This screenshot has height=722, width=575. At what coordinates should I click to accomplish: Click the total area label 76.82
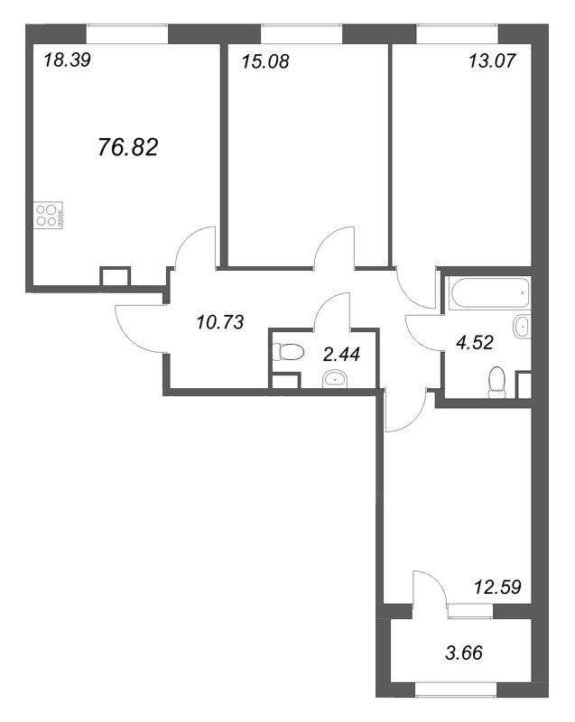pyautogui.click(x=128, y=147)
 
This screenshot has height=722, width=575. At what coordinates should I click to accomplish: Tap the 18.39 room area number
pyautogui.click(x=67, y=60)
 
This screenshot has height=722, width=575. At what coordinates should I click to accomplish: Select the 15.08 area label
pyautogui.click(x=265, y=61)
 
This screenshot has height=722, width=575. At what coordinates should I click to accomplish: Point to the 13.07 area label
pyautogui.click(x=492, y=60)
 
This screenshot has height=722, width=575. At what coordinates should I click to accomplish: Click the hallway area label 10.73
pyautogui.click(x=219, y=322)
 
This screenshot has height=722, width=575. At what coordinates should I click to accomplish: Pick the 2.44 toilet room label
pyautogui.click(x=341, y=355)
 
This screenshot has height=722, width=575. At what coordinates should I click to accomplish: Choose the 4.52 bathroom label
pyautogui.click(x=475, y=343)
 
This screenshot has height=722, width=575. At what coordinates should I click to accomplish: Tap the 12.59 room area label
pyautogui.click(x=497, y=588)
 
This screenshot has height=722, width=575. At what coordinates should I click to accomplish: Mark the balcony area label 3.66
pyautogui.click(x=464, y=653)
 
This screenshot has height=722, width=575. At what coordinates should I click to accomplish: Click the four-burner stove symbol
pyautogui.click(x=49, y=216)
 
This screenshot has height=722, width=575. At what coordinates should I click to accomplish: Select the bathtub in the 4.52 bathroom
pyautogui.click(x=490, y=292)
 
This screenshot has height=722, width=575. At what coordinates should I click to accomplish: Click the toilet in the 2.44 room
pyautogui.click(x=288, y=353)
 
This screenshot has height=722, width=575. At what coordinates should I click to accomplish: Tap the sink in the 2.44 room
pyautogui.click(x=335, y=379)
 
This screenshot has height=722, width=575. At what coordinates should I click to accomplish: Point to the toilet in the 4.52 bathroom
pyautogui.click(x=496, y=382)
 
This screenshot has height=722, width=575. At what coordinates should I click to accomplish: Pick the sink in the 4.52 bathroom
pyautogui.click(x=522, y=327)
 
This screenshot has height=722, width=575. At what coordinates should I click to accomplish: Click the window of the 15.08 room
pyautogui.click(x=302, y=33)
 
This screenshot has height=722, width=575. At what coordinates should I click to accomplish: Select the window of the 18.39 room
pyautogui.click(x=127, y=33)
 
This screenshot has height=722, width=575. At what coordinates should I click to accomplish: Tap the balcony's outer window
pyautogui.click(x=456, y=689)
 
